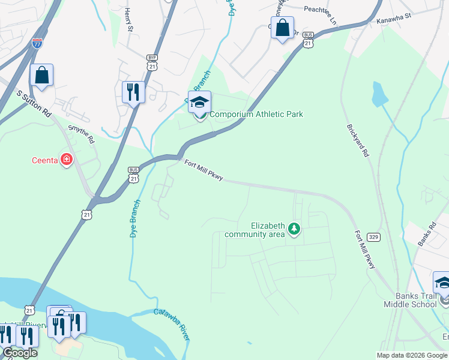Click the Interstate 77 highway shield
tap(36, 43)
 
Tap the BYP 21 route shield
tap(152, 62)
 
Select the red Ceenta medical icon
tap(67, 160)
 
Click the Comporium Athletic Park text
tap(256, 114)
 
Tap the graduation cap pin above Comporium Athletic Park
tap(199, 102)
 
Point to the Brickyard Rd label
tap(357, 141)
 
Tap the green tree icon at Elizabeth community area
tap(294, 229)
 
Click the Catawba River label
tap(172, 324)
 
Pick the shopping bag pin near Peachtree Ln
tap(282, 28)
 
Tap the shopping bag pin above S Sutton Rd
tap(41, 75)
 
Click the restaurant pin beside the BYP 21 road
tap(133, 92)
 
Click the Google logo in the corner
tap(19, 353)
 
